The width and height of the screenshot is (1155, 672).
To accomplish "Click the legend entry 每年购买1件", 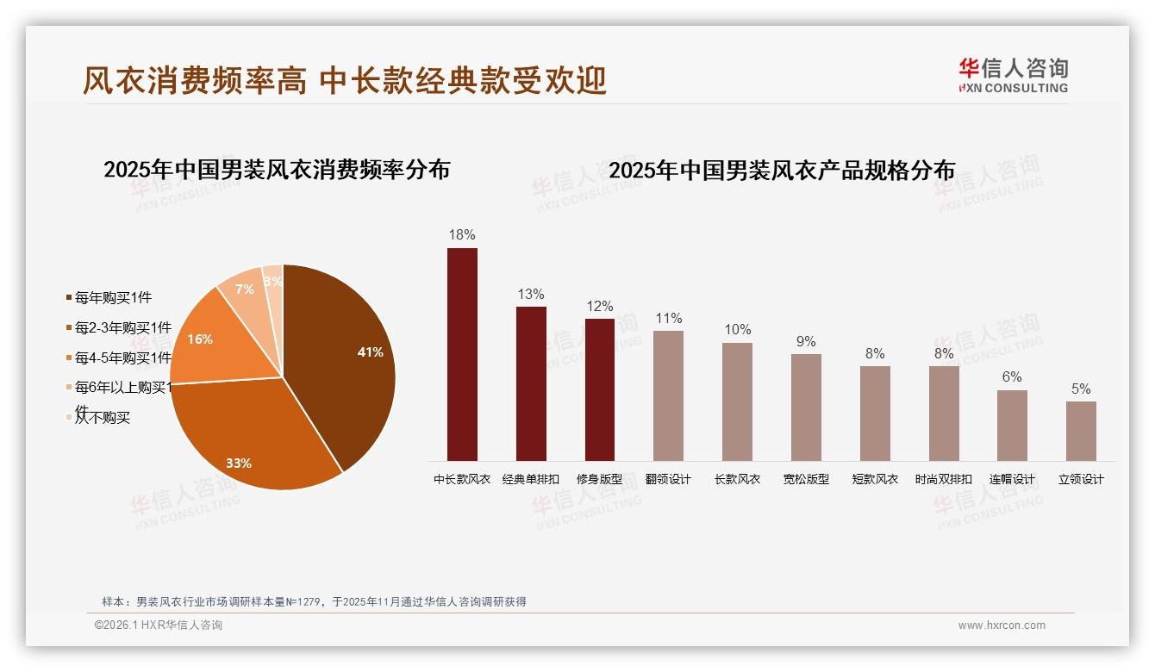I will coord(113,298).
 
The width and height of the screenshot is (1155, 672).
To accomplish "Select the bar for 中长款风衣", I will coord(462,354).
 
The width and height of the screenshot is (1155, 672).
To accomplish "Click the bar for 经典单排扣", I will coord(531,383).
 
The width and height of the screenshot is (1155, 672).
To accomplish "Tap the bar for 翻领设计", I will coord(668,395).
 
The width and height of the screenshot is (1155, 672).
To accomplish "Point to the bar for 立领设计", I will coord(1081,431).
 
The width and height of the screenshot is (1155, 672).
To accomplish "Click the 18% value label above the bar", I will coord(462,234).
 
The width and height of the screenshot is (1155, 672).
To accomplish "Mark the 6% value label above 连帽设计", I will coord(1012,376).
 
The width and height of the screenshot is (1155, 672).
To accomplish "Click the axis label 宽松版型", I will coord(806,479).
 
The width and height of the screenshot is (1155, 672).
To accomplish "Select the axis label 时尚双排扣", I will coord(944,479).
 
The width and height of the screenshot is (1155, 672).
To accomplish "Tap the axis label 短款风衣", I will coord(875,479).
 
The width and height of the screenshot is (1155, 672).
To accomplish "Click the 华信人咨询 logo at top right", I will coord(1013,76).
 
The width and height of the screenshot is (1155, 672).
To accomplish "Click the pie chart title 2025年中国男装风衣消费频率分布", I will coord(277,170).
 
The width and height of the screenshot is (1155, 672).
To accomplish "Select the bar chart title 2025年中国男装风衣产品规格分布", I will coord(782,171).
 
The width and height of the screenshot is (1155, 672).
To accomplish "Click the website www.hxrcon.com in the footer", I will coord(1002,625).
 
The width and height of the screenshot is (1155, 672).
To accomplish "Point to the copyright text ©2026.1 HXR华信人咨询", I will coord(159,625).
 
